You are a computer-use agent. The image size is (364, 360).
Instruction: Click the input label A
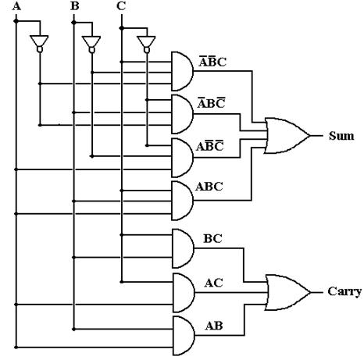click(x=16, y=5)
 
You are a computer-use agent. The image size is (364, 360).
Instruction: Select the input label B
click(x=75, y=5)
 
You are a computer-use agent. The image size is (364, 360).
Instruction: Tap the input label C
click(x=121, y=5)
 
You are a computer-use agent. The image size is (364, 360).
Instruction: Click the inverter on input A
click(x=39, y=44)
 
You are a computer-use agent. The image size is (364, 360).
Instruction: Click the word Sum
click(x=341, y=136)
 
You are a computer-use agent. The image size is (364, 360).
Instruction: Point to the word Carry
click(x=344, y=291)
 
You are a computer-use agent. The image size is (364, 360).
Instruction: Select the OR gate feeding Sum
click(x=287, y=136)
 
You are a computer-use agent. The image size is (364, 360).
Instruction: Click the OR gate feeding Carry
click(x=287, y=292)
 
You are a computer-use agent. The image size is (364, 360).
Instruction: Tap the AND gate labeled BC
click(x=183, y=248)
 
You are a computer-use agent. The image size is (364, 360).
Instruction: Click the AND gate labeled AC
click(x=183, y=293)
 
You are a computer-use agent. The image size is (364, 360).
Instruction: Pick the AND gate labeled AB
click(x=183, y=336)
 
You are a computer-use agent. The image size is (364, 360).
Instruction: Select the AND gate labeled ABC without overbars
click(x=182, y=201)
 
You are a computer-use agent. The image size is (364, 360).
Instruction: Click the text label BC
click(x=212, y=239)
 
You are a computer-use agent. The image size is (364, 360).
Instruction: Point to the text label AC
click(x=213, y=283)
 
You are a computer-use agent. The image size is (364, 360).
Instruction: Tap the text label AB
click(x=214, y=326)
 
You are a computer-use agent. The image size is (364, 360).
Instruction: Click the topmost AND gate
click(x=182, y=71)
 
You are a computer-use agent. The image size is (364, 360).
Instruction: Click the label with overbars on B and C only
click(x=210, y=146)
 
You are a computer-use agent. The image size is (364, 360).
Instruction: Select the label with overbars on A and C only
click(x=211, y=103)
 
